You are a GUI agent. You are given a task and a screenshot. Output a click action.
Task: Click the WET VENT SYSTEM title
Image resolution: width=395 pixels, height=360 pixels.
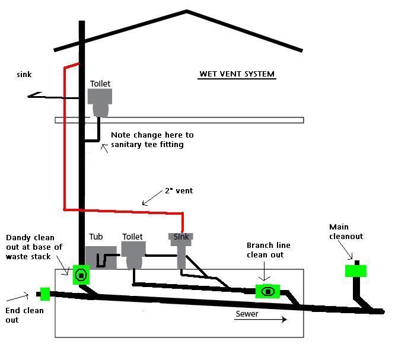237,74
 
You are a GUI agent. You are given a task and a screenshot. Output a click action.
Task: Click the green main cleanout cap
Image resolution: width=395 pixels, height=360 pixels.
355,271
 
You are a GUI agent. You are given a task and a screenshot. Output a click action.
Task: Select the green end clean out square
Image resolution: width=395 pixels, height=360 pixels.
44,294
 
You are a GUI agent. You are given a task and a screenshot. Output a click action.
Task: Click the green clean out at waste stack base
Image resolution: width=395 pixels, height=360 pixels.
81,275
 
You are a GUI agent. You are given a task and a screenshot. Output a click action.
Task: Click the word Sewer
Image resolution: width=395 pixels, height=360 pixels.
247,313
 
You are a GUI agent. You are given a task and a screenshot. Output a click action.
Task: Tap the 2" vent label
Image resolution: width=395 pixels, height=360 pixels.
179,191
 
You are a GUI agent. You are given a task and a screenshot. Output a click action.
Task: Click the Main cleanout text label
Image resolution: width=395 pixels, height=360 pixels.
348,231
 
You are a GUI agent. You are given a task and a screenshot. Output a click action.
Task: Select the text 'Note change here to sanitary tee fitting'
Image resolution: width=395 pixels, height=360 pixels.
152,139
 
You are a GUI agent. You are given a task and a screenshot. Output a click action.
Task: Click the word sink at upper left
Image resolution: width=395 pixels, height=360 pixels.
24,75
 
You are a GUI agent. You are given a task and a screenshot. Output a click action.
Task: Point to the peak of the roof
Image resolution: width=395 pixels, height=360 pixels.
187,11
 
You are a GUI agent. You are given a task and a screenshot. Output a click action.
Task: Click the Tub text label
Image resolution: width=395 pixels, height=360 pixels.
96,237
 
